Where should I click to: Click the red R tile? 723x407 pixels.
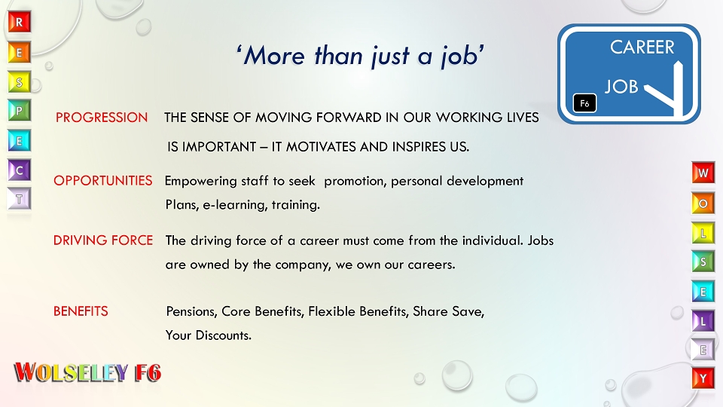(x=20, y=22)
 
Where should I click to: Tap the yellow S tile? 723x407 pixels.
(x=20, y=82)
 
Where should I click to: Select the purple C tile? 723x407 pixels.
(x=20, y=170)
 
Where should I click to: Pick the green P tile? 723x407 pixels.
(x=20, y=111)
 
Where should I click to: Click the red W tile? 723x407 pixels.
(x=703, y=173)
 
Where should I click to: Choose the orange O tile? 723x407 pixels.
(x=703, y=203)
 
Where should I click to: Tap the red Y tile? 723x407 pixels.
(x=703, y=378)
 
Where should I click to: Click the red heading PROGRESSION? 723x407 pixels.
(x=102, y=118)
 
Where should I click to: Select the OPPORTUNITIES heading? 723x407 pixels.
(x=103, y=180)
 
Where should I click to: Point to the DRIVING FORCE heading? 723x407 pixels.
(x=103, y=240)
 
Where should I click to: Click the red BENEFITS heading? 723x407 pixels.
(x=81, y=311)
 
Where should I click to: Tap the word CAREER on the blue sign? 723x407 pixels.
(x=642, y=47)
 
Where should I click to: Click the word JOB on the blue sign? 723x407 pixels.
(x=621, y=87)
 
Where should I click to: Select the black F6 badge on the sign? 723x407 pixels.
(x=584, y=103)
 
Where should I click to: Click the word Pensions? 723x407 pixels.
(x=191, y=311)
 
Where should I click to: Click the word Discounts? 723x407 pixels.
(x=224, y=335)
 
